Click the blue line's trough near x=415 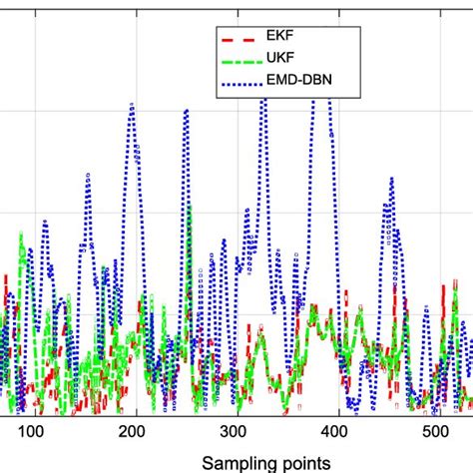(351, 404)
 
